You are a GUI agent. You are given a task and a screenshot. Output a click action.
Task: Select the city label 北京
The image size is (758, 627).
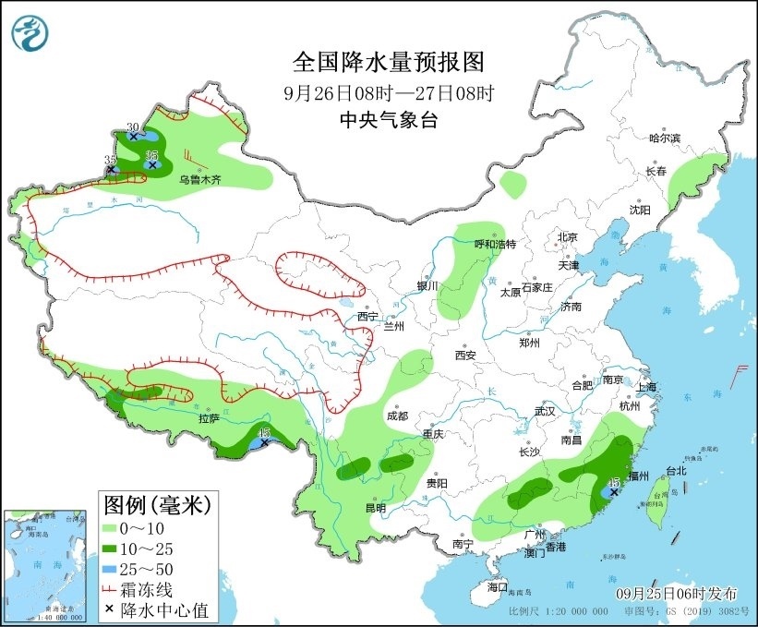(x=567, y=237)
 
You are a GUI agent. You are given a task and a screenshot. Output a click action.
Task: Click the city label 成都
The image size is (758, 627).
(x=397, y=416)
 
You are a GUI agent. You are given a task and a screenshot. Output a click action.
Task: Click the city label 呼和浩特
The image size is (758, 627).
(x=494, y=244)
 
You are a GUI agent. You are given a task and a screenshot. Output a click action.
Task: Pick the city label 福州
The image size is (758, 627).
(x=638, y=476)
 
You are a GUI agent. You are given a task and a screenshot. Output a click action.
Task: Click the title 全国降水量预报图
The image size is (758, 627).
(x=388, y=62)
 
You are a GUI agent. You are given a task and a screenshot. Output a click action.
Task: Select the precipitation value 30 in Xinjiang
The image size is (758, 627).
(x=132, y=127)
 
